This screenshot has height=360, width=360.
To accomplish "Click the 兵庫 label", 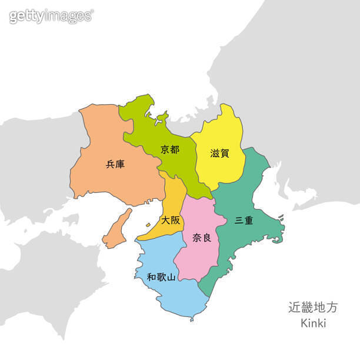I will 115,165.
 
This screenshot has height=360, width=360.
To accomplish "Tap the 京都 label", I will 170,149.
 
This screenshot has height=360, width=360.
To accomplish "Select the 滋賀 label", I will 219,153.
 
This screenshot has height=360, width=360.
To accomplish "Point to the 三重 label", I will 244,221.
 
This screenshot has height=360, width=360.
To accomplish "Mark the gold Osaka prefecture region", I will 171,200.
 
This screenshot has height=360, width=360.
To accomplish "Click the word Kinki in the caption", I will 313,323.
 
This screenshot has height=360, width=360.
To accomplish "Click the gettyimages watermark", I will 51,16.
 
